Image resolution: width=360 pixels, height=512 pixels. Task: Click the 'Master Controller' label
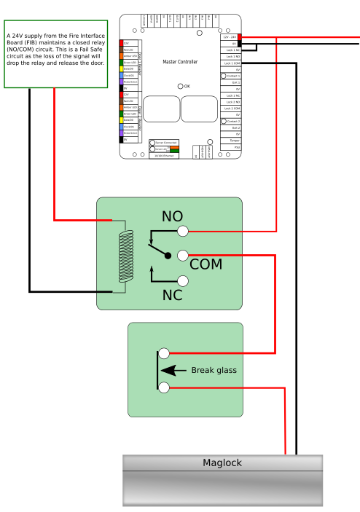pyautogui.click(x=179, y=62)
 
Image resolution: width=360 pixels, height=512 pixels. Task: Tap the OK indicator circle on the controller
pyautogui.click(x=181, y=86)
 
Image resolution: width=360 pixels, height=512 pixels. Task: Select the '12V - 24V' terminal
pyautogui.click(x=230, y=36)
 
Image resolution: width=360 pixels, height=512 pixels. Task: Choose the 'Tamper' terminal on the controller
pyautogui.click(x=233, y=140)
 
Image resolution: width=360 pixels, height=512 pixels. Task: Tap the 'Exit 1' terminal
pyautogui.click(x=233, y=82)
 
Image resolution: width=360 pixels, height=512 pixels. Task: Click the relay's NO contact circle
pyautogui.click(x=183, y=231)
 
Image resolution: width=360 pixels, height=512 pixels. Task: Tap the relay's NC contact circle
pyautogui.click(x=183, y=280)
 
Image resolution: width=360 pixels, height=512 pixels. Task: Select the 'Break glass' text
pyautogui.click(x=214, y=371)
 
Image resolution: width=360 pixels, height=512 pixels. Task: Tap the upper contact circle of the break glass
pyautogui.click(x=164, y=353)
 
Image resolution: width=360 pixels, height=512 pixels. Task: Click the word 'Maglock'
pyautogui.click(x=222, y=462)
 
